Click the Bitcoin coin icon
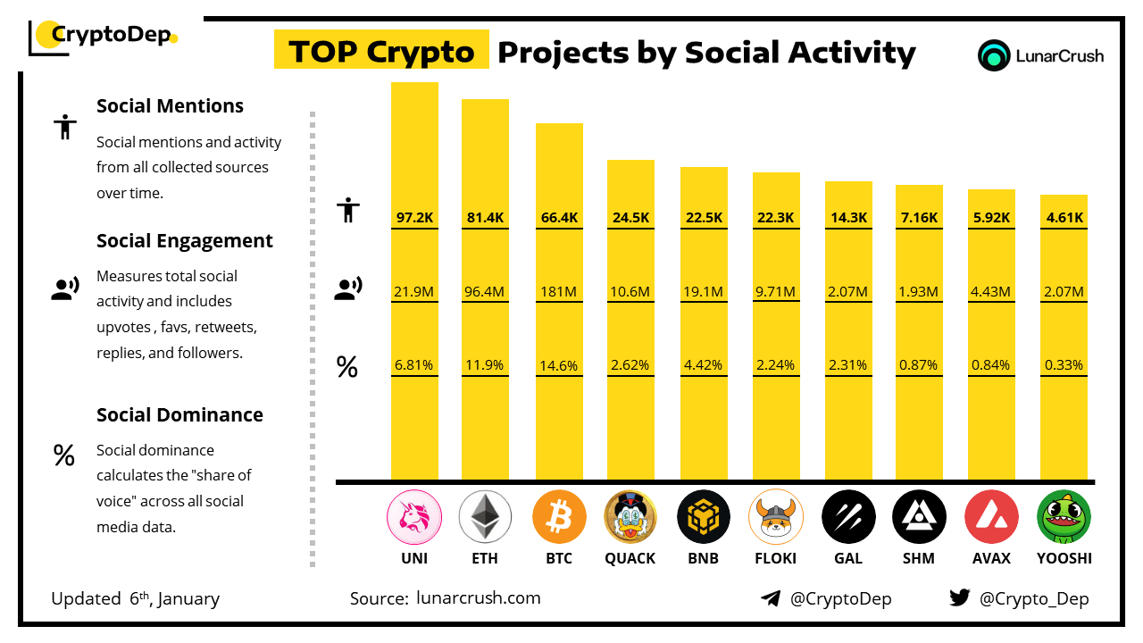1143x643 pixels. point(559,518)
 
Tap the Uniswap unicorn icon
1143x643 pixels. point(413,518)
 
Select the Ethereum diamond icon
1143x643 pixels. point(485,518)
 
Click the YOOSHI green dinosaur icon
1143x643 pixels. point(1064,518)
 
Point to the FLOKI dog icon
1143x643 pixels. point(776,518)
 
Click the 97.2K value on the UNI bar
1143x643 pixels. point(414,217)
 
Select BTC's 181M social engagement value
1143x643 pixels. point(559,291)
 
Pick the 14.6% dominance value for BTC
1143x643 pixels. point(559,364)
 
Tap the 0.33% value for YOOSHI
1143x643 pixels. point(1064,364)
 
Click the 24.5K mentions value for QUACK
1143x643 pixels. point(630,217)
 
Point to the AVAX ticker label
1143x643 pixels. point(991,558)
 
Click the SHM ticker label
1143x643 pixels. point(918,558)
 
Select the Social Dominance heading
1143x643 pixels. point(179,414)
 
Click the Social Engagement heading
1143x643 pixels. point(185,241)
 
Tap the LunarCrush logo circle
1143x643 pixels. point(993,55)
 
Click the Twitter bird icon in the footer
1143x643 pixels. point(960,597)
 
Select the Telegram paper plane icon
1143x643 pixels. point(771,598)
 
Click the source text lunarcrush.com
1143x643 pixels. point(479,598)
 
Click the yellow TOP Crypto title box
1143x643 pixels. point(381,52)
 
